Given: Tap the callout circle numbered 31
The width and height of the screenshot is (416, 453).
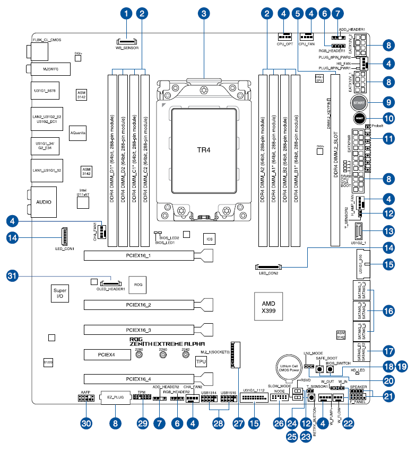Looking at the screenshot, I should point(13,275).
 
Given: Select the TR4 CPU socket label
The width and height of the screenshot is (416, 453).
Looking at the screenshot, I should point(204,150).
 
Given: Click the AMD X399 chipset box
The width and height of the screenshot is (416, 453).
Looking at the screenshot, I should point(268,307).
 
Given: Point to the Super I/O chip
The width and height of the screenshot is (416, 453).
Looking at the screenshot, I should point(60,294).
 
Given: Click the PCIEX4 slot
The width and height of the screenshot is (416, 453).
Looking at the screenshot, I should point(103,354).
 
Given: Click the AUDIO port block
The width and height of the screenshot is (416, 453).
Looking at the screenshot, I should point(44,202).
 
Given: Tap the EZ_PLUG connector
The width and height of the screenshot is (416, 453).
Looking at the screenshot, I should point(116,397).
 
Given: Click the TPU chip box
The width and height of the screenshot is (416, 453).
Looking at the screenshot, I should point(201,362).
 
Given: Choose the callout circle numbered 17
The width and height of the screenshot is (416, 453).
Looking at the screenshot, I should point(389,351).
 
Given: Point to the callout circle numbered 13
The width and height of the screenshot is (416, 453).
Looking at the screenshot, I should point(389,231).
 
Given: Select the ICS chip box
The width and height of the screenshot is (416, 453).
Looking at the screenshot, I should point(210,239).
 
